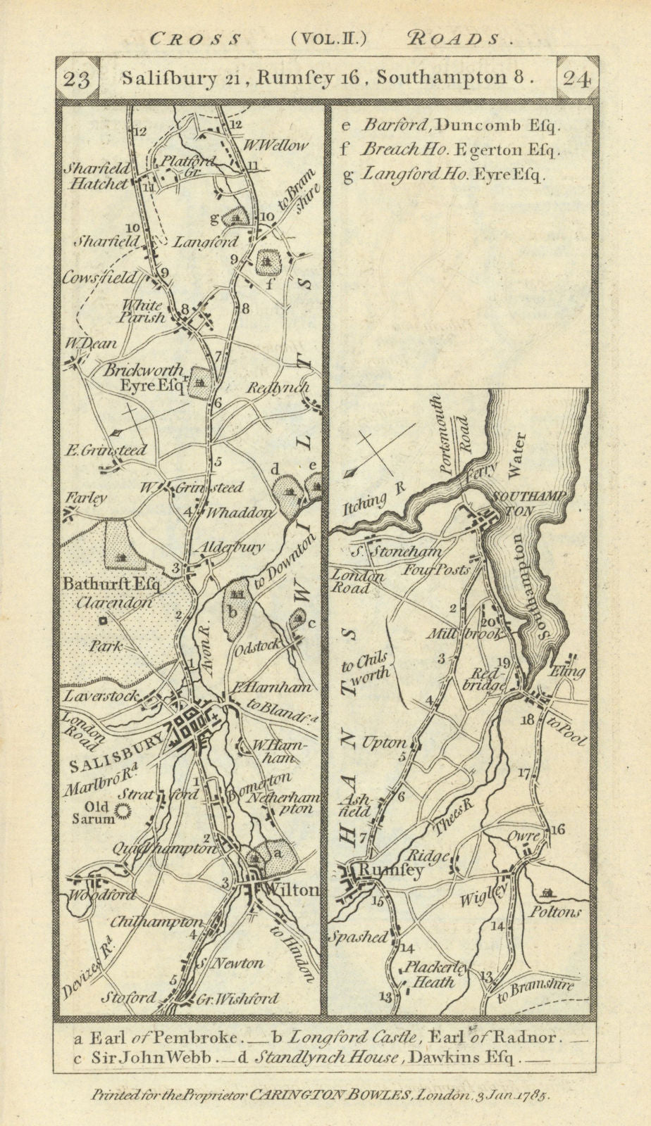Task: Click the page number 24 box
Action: click(x=576, y=79)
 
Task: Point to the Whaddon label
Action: click(x=237, y=512)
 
